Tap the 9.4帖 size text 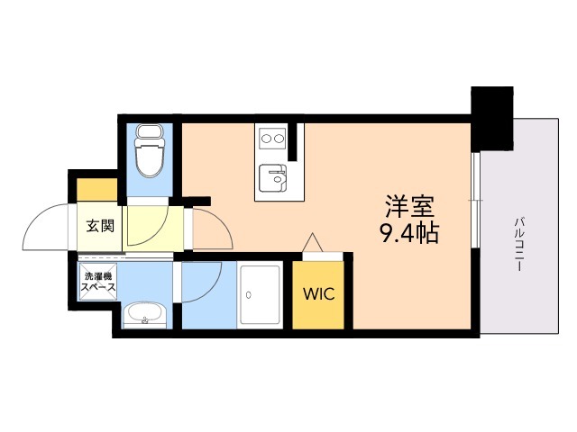click(409, 234)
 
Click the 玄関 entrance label click(100, 226)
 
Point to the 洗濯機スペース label click(98, 282)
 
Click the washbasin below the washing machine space click(144, 314)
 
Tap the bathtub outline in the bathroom click(262, 296)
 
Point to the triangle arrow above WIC click(312, 244)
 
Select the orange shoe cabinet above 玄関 click(97, 190)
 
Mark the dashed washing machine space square click(98, 282)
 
